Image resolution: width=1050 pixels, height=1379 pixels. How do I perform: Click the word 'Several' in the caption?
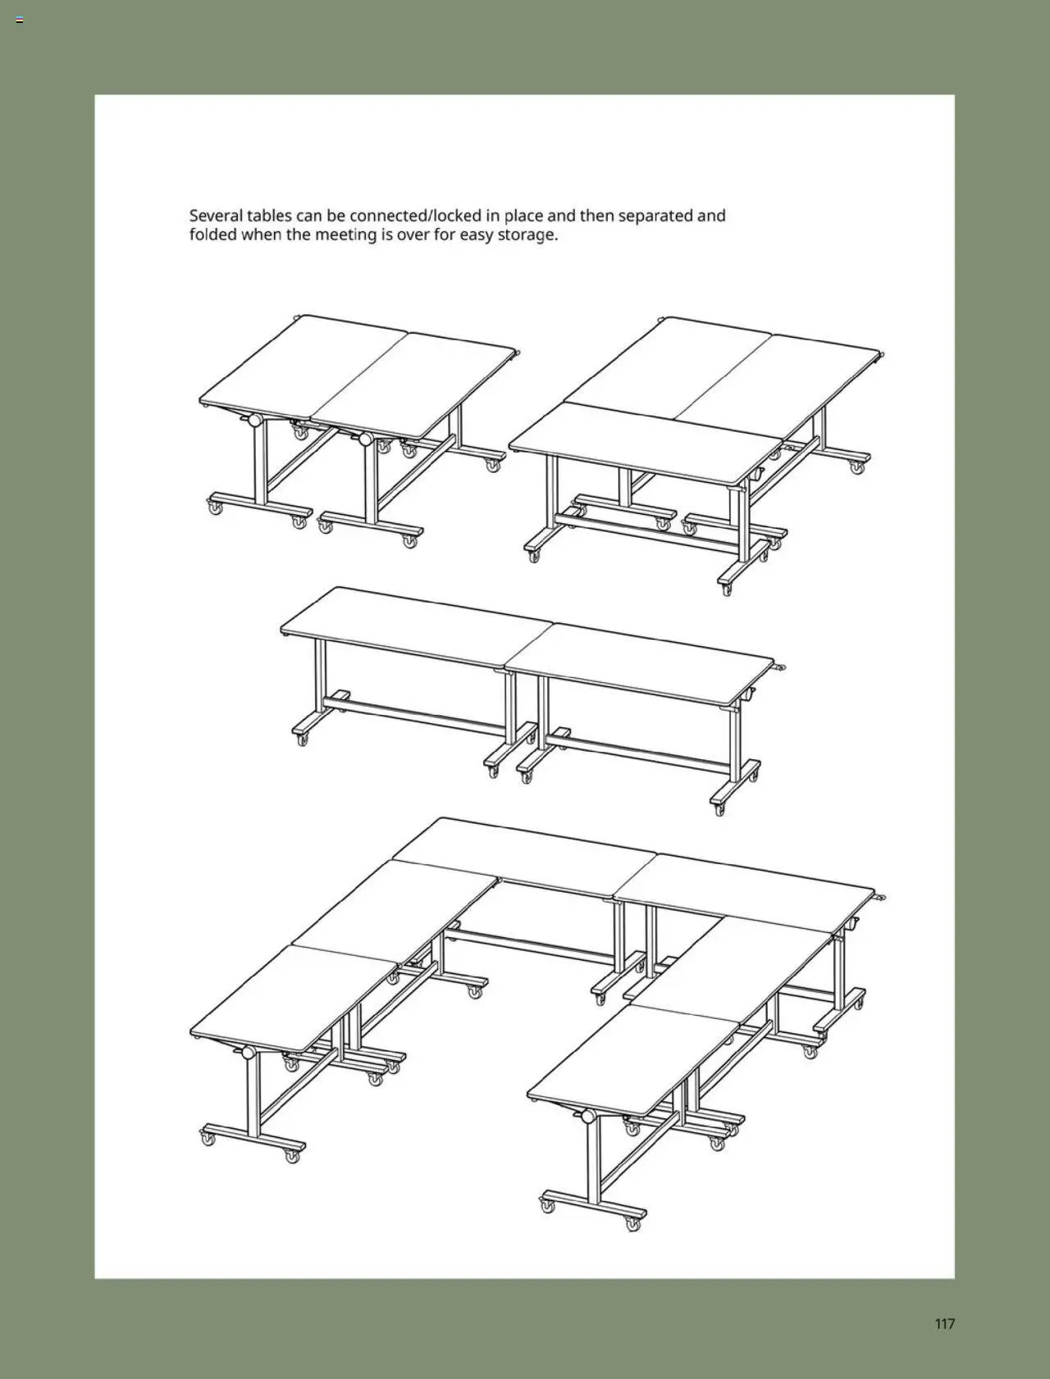click(216, 216)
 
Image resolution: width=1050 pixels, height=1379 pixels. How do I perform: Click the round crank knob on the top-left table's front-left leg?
click(254, 421)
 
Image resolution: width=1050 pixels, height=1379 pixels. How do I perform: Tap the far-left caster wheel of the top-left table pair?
click(215, 508)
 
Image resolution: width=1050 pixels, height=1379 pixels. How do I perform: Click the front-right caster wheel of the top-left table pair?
click(409, 541)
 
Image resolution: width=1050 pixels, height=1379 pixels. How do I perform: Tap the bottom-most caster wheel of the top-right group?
click(727, 589)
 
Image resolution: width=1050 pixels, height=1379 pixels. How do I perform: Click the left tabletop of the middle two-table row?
click(410, 623)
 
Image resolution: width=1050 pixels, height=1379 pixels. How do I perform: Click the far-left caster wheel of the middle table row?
click(302, 740)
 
